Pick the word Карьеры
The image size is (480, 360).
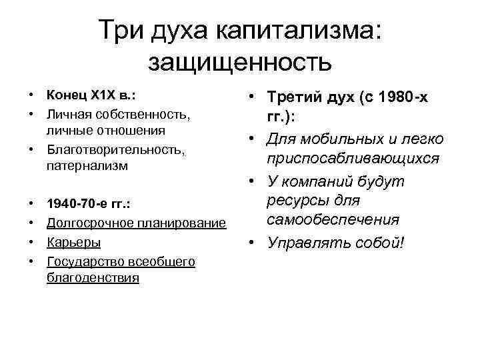point(74,242)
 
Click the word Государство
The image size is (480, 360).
point(83,262)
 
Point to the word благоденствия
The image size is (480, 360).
point(93,277)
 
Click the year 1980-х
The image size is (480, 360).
point(404,99)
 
